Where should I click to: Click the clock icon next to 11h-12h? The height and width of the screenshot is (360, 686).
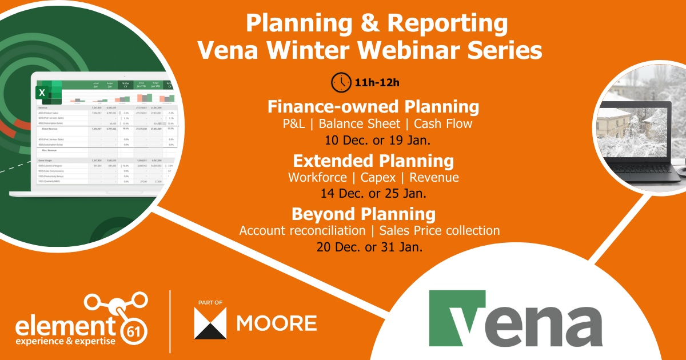pos(341,82)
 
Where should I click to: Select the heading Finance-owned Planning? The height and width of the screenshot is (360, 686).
pos(373,106)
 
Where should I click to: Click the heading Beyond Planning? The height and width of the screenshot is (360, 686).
pos(364,214)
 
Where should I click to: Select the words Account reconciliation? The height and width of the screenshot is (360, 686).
pos(302,231)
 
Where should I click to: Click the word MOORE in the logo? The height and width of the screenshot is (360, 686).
pos(276,322)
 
